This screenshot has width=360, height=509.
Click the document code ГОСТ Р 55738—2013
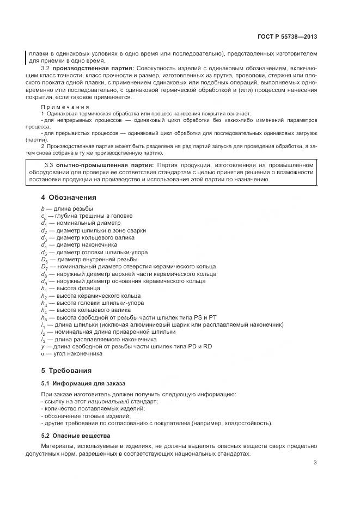click(287, 36)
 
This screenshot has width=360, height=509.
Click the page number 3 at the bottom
click(315, 463)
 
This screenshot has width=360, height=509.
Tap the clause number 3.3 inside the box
click(47, 165)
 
